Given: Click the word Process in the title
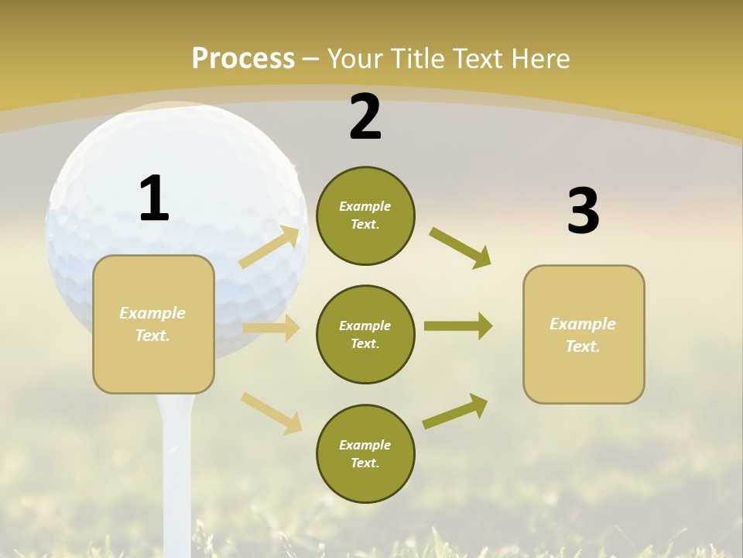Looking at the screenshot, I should [243, 59].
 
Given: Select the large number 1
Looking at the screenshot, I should [154, 199].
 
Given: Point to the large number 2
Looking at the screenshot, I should [365, 118].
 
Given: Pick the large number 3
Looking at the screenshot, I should [583, 212].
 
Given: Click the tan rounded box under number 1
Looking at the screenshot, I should [153, 324].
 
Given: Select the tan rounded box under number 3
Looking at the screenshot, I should [584, 334].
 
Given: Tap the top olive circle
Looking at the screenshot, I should [365, 215].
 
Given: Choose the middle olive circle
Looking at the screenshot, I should [365, 334].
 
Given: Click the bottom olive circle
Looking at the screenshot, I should [365, 453].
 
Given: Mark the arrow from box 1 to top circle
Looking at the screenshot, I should [269, 247].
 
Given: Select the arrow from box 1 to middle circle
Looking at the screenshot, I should [271, 328].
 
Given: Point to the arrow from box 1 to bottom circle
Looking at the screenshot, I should [271, 412].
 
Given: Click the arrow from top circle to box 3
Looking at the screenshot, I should [460, 247].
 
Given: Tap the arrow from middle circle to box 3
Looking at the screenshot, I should [458, 326].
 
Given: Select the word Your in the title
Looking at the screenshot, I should [353, 59].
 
